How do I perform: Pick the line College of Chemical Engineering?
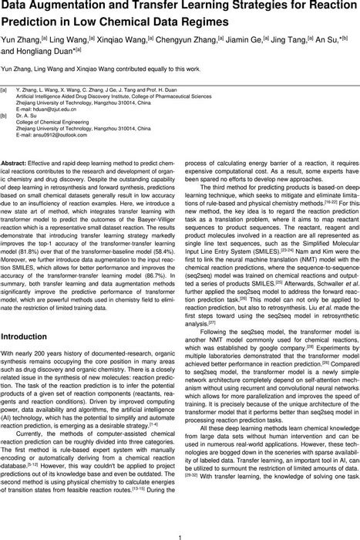pyautogui.click(x=69, y=124)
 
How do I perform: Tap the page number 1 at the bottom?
pyautogui.click(x=180, y=530)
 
